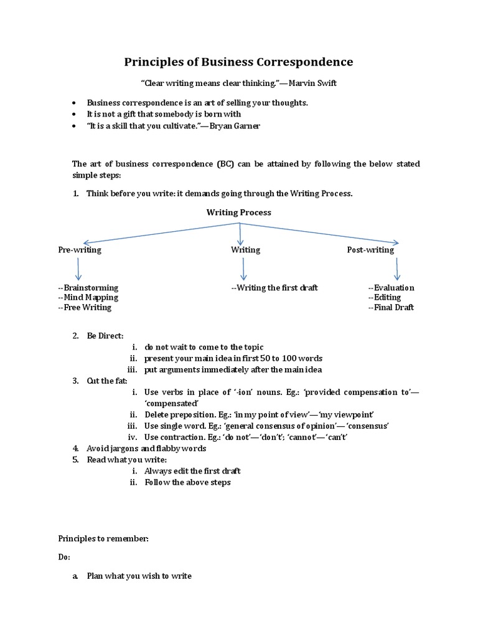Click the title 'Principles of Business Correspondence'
(239, 62)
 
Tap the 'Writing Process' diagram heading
(239, 212)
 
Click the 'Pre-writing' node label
(80, 250)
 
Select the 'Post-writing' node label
(370, 250)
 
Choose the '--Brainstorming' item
(88, 288)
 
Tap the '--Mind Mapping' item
(88, 297)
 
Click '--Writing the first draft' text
(274, 288)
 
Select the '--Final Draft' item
(391, 307)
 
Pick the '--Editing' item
(384, 298)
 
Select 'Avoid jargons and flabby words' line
(146, 449)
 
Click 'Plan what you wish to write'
(139, 576)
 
